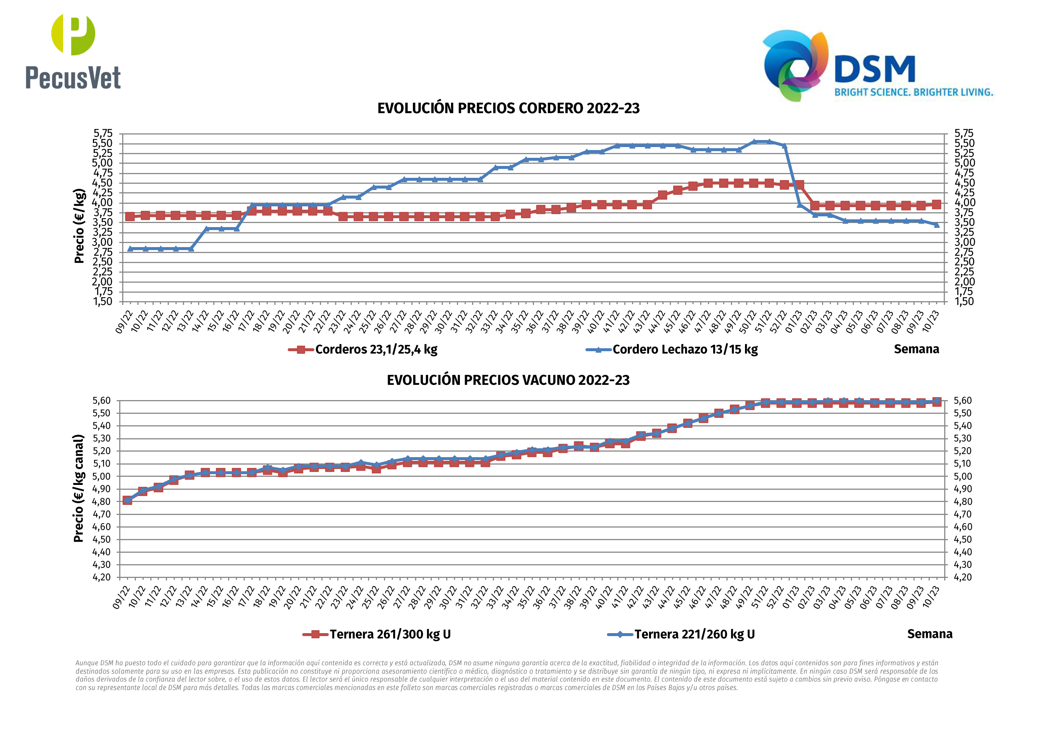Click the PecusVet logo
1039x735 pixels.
73,51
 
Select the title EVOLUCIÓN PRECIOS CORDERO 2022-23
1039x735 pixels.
508,108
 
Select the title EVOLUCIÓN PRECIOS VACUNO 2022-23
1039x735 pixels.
508,380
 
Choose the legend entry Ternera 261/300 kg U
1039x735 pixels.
390,634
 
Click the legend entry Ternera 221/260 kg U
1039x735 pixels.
694,634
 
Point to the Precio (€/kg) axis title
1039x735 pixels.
79,226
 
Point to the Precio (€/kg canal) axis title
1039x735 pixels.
79,488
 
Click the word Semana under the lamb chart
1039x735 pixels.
916,349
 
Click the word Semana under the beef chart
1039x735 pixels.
929,633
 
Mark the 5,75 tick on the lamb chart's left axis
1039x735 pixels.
103,133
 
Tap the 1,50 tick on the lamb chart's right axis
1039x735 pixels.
964,302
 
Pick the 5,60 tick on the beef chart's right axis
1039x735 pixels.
962,401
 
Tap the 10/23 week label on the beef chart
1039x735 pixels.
931,597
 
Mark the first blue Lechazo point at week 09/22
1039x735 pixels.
130,249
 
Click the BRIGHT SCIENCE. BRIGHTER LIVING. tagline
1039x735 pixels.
913,92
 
